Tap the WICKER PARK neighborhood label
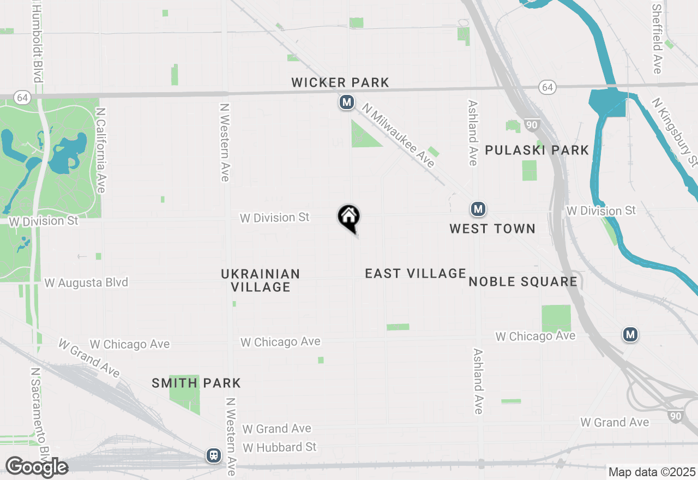click(x=340, y=83)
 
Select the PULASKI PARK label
click(x=537, y=150)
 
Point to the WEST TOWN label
click(x=492, y=229)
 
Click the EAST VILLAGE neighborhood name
click(x=416, y=273)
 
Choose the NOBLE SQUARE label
click(x=523, y=281)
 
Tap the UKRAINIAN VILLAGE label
click(x=261, y=280)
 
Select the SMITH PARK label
click(x=196, y=383)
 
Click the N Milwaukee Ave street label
click(x=399, y=136)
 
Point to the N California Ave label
click(x=100, y=149)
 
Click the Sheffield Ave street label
click(x=657, y=38)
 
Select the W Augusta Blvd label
click(x=86, y=283)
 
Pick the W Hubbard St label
click(x=280, y=447)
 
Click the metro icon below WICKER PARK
click(x=346, y=102)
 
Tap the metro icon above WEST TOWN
click(x=478, y=209)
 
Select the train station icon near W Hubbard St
click(x=213, y=455)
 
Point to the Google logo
click(x=37, y=467)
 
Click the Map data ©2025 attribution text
click(x=652, y=472)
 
